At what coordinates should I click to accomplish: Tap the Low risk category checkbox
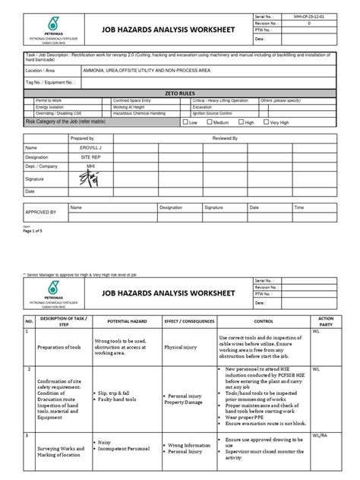[185, 122]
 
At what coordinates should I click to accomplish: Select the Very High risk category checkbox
[264, 122]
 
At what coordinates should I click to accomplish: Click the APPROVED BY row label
[41, 213]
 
